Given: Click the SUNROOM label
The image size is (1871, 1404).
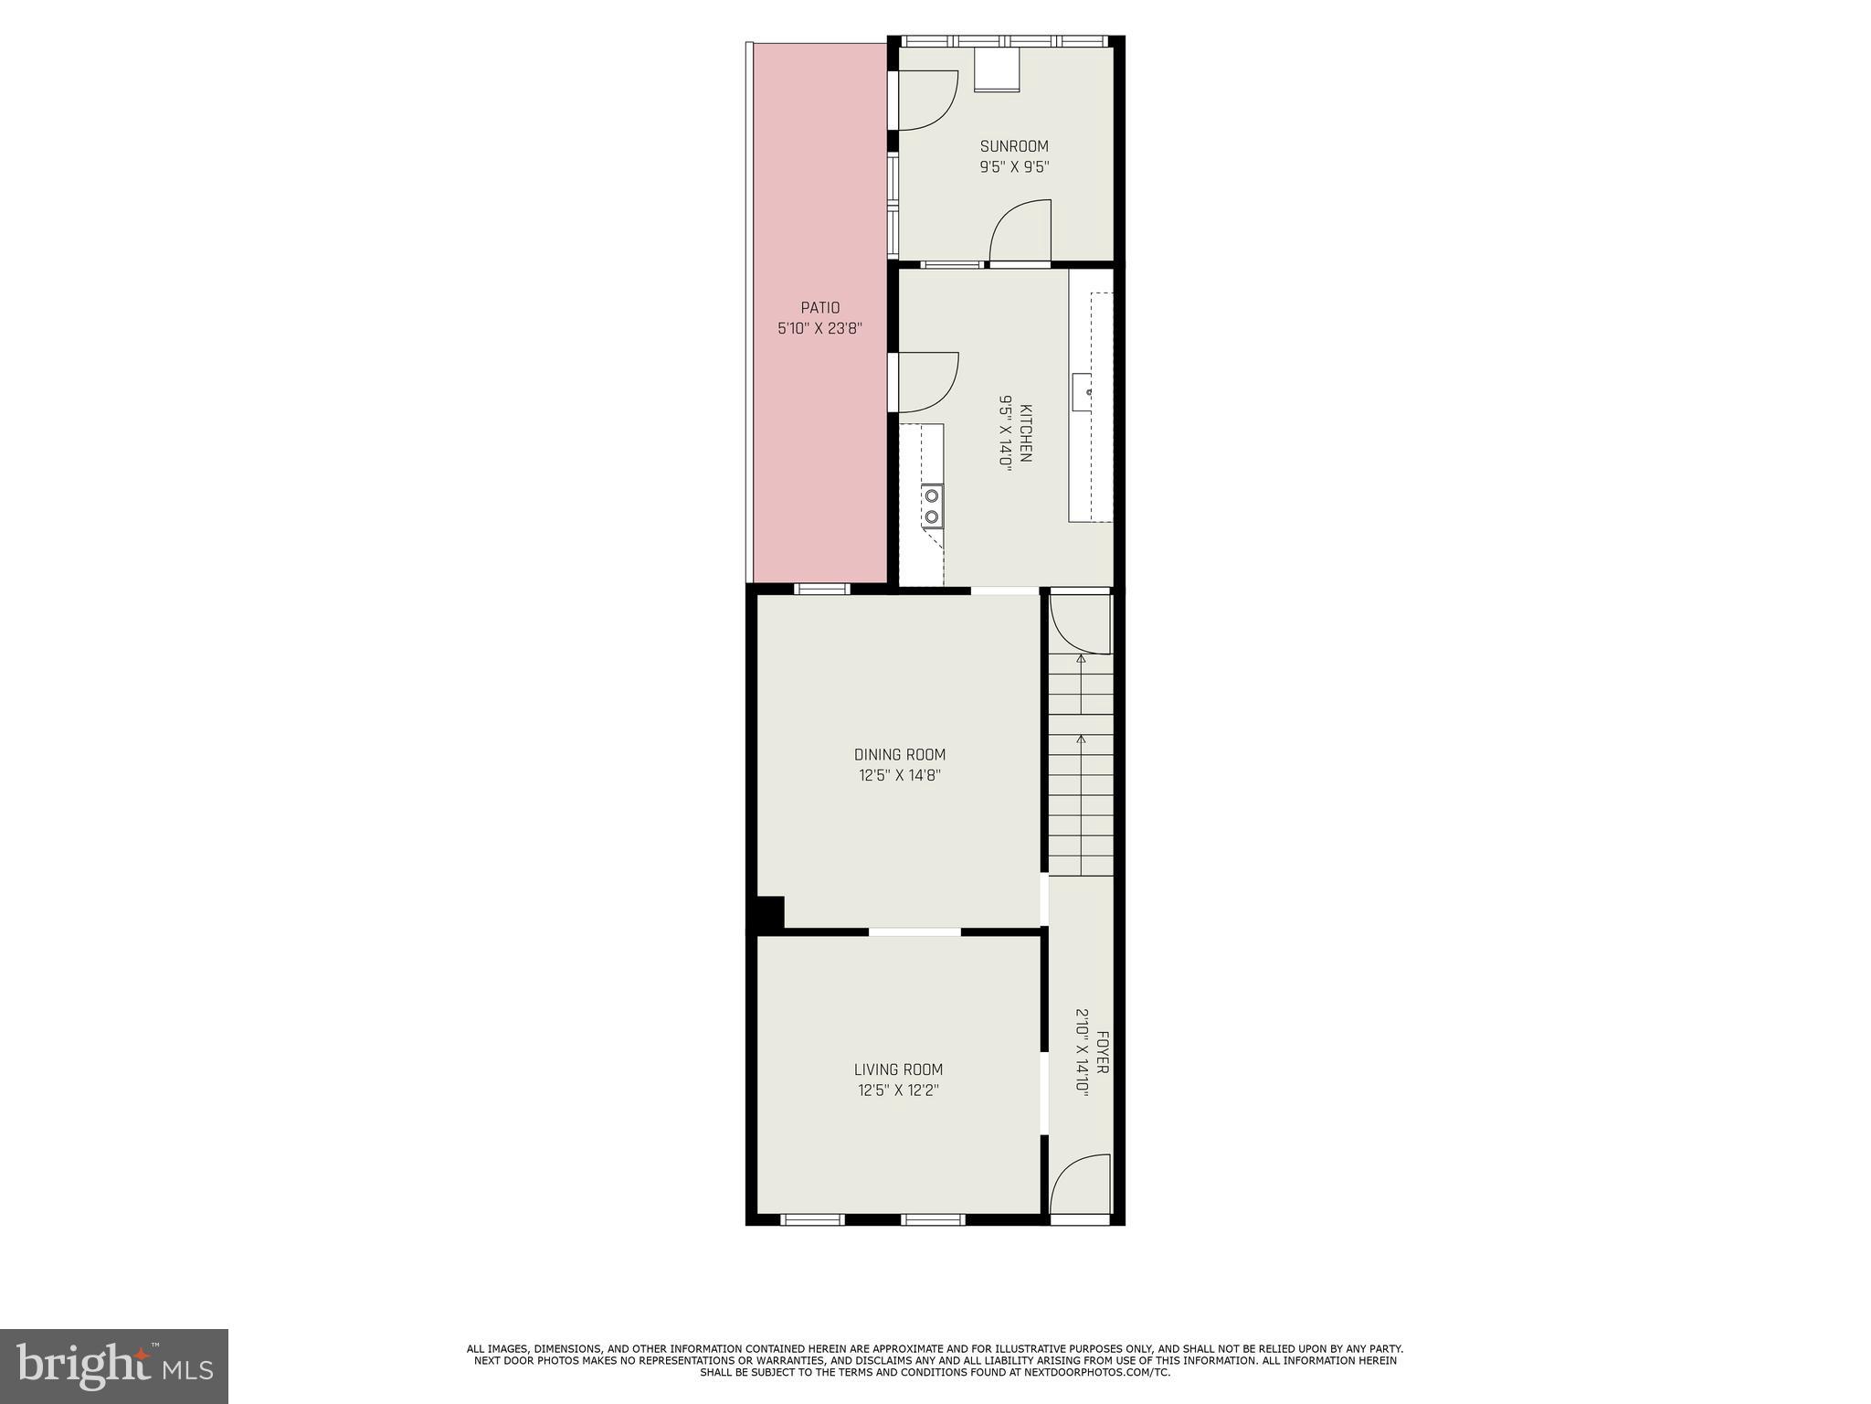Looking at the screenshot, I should tap(1014, 146).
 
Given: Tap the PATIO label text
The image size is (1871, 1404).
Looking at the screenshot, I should tap(820, 308).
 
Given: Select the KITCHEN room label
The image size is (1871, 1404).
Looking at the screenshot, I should tap(1026, 433).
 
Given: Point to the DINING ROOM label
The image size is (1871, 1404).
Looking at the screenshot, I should tap(900, 755).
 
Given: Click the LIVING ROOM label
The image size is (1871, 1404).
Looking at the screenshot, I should tap(898, 1069).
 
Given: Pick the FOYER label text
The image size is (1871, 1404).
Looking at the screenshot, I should tap(1102, 1052).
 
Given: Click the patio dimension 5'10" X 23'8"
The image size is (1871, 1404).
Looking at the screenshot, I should tap(820, 328).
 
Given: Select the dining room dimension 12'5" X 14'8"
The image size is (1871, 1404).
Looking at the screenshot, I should tap(900, 776).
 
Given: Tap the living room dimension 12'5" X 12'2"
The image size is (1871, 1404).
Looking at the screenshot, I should tap(898, 1090).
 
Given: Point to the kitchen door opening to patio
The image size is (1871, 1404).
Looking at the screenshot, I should tap(926, 382).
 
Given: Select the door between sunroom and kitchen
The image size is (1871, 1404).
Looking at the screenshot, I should tap(1020, 232).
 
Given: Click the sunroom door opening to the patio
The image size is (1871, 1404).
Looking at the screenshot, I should tap(926, 100).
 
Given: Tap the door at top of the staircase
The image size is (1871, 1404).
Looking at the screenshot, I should tap(1080, 623).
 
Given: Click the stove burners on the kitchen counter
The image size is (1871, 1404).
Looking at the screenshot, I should tap(932, 505).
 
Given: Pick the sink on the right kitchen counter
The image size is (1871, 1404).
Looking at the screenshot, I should tap(1083, 392).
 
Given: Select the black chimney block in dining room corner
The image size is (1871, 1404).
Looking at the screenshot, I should tap(769, 912).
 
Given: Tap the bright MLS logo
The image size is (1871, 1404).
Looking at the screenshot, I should tap(114, 1366).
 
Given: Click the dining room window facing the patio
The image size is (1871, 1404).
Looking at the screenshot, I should tap(822, 589).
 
